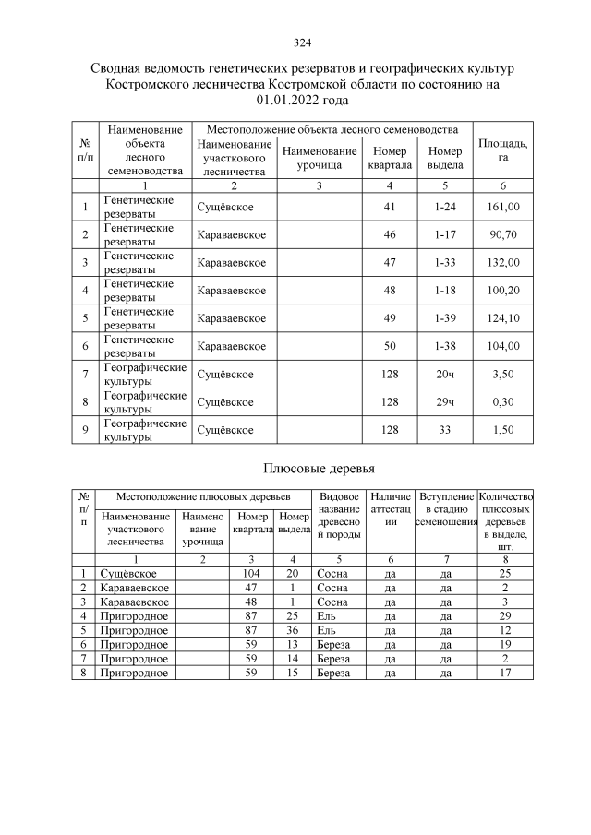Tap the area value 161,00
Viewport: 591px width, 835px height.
coord(504,207)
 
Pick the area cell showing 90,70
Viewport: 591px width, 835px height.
coord(504,235)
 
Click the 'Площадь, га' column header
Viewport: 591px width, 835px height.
coord(503,150)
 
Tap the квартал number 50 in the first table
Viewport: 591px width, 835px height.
coord(389,346)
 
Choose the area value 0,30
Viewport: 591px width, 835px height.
coord(504,402)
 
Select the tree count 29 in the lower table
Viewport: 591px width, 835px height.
coord(504,615)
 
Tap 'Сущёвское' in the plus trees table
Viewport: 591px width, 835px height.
coord(127,574)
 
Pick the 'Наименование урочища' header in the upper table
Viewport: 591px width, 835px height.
coord(319,158)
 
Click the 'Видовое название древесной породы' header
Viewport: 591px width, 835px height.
coord(336,520)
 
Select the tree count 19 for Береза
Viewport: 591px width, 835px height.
coord(504,644)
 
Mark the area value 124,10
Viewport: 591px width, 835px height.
coord(504,318)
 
